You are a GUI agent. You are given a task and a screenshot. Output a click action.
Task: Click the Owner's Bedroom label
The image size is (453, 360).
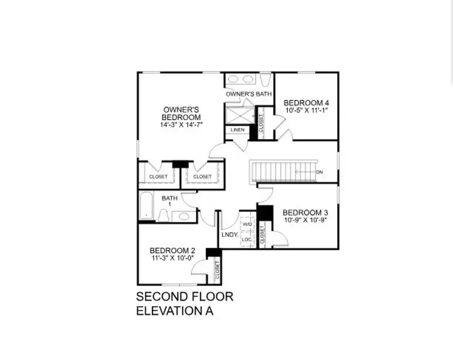point(181,113)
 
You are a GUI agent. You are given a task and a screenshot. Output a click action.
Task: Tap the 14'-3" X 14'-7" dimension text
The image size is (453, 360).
point(181,125)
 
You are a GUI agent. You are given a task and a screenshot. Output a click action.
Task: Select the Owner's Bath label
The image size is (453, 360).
point(248,94)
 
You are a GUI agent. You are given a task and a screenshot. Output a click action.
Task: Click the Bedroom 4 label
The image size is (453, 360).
point(305,102)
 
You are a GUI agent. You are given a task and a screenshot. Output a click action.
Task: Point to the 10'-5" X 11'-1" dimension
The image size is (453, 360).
point(305,110)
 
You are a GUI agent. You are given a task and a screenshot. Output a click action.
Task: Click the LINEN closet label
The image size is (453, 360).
point(237,130)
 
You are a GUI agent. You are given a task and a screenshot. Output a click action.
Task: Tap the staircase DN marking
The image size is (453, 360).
point(319,172)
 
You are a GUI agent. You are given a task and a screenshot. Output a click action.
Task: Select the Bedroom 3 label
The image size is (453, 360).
point(305,212)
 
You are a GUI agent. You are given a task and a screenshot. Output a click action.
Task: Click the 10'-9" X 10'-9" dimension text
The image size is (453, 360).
point(305,220)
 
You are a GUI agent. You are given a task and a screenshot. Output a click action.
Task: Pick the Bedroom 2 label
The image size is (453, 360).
point(172,250)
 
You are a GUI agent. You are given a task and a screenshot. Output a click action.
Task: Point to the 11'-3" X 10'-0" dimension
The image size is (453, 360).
point(172,259)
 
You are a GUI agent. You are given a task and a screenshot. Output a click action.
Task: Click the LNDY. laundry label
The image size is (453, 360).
point(229,235)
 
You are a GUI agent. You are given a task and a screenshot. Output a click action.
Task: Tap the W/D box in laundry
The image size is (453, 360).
point(247,224)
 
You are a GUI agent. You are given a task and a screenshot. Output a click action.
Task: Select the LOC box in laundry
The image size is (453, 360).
point(247,239)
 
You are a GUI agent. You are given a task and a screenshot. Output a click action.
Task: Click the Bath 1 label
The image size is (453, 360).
point(169,200)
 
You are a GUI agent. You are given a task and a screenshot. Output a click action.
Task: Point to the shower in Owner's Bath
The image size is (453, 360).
point(239,113)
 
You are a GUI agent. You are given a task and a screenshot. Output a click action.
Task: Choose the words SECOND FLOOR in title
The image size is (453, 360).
point(184,297)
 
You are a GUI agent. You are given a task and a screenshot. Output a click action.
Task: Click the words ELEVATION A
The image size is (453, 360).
point(175,311)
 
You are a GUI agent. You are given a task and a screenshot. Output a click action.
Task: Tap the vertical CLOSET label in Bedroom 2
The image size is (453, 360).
point(217,271)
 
